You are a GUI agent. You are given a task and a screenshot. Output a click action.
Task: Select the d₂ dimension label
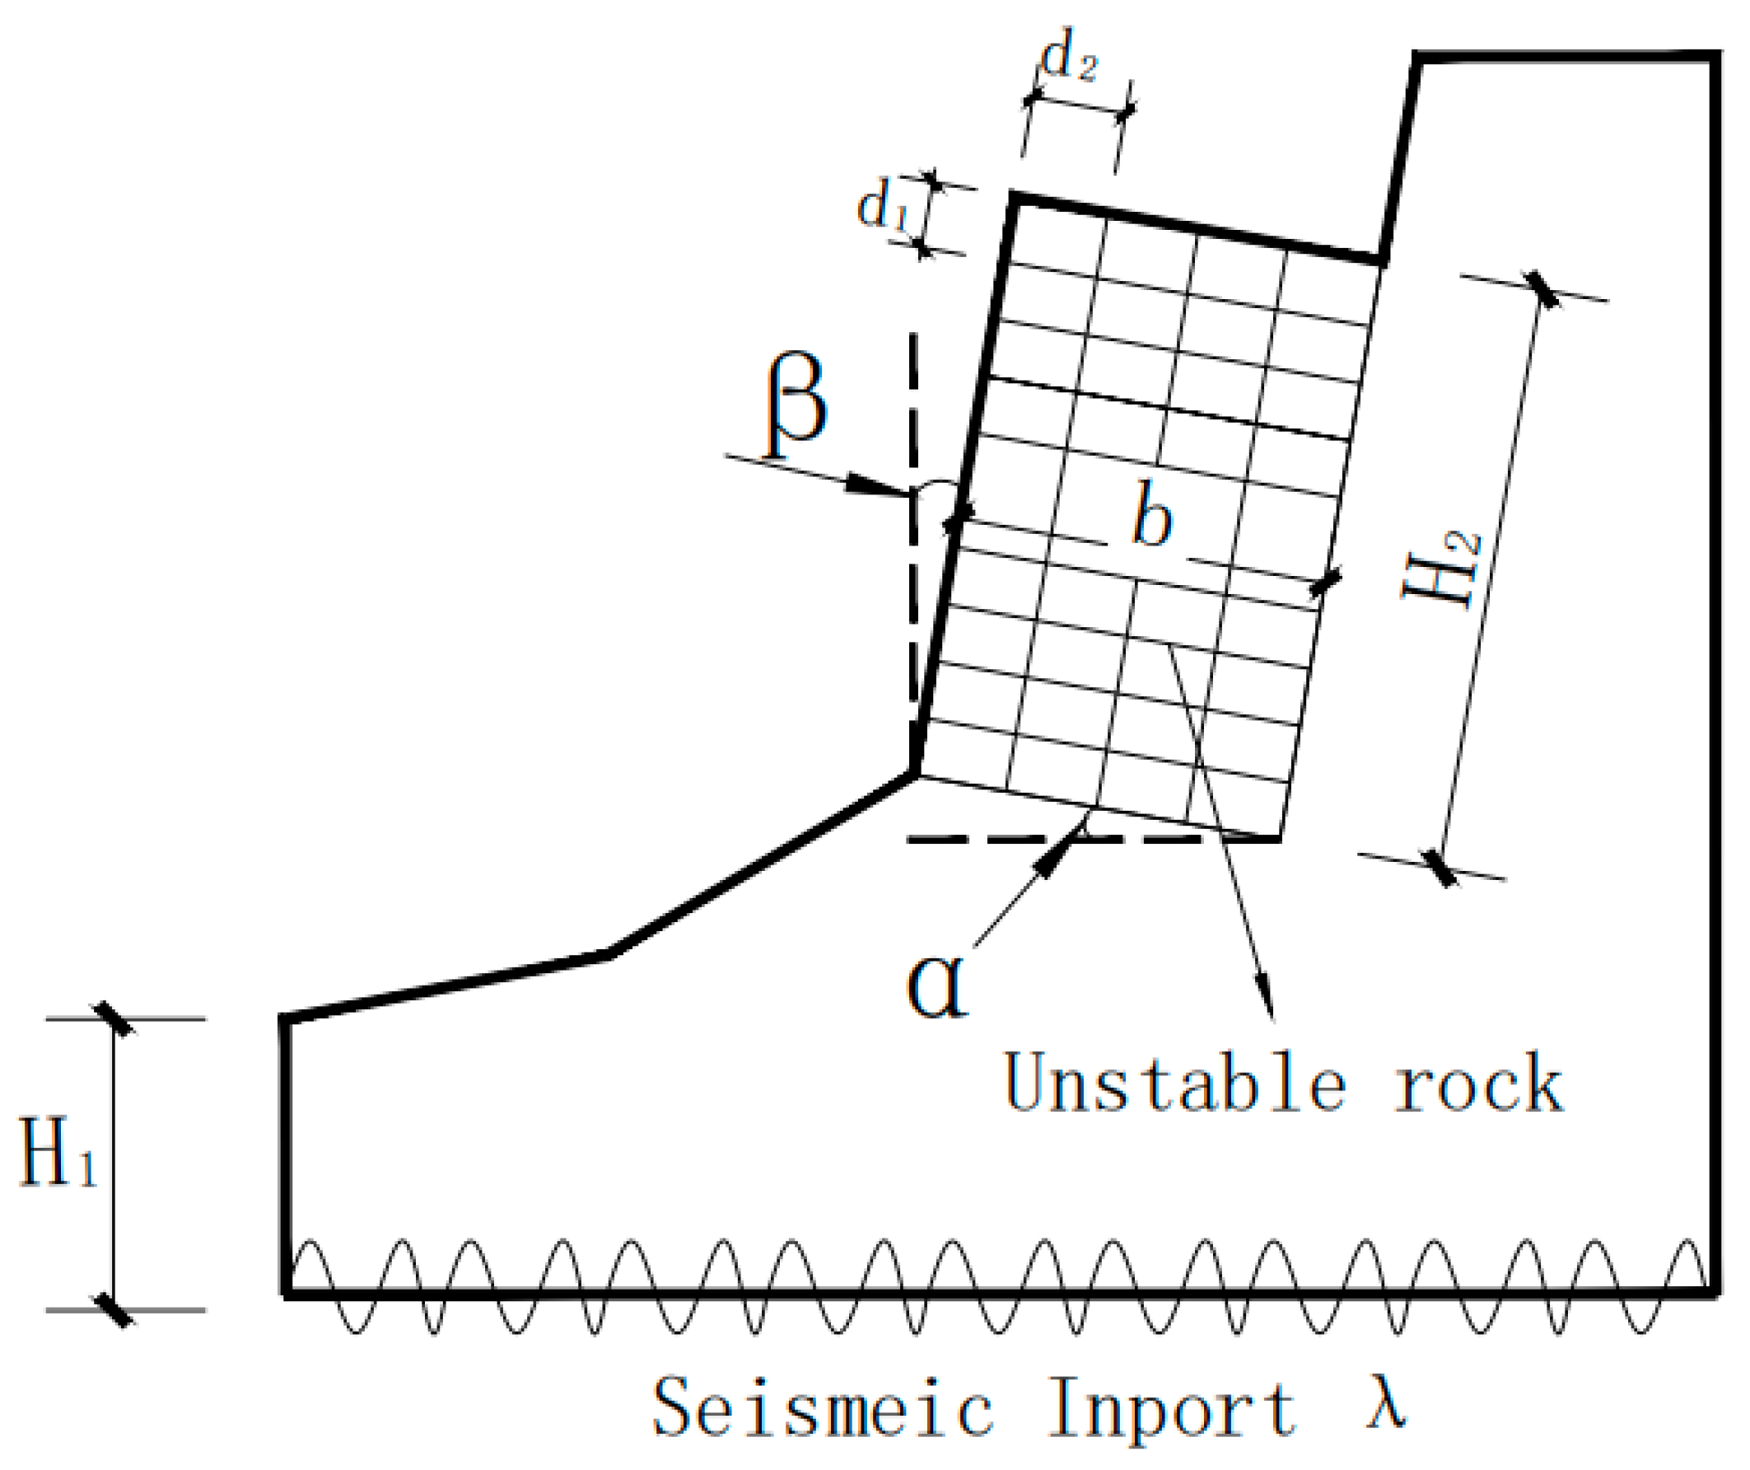(1069, 59)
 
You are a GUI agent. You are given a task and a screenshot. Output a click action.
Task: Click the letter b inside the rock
(1152, 517)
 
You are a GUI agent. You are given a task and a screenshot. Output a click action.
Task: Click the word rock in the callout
(1479, 1084)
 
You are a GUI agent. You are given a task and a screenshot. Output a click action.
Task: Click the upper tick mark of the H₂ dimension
(1539, 289)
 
